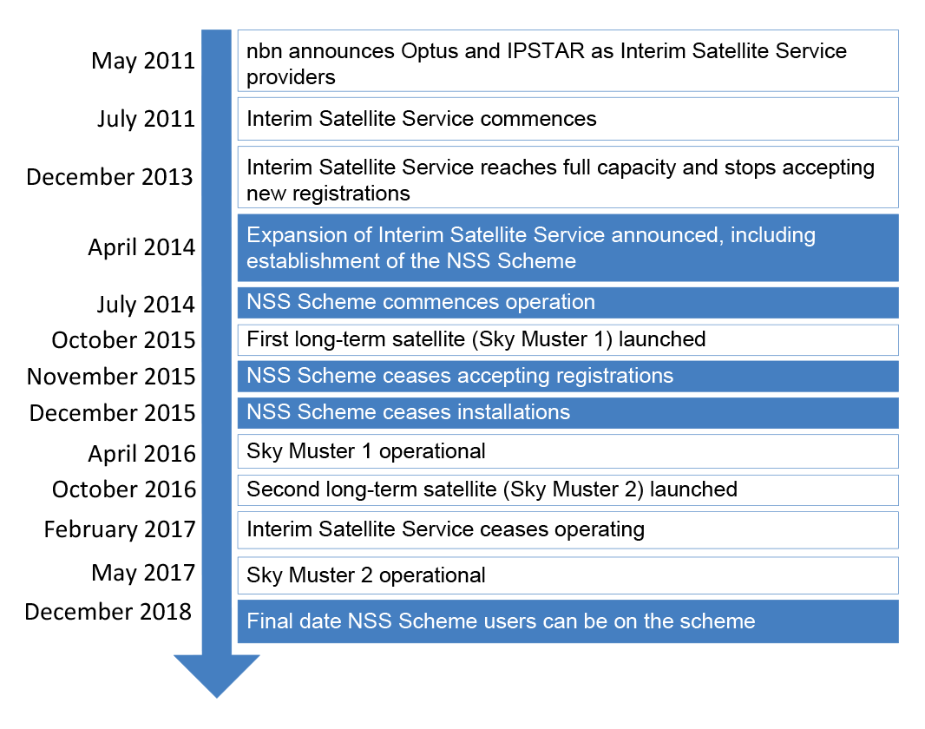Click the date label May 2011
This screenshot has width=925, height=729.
point(143,62)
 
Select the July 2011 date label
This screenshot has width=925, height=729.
point(146,119)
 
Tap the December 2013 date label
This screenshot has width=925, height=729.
point(109,177)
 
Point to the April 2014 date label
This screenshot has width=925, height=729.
point(141,247)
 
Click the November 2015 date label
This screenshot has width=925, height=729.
point(111,377)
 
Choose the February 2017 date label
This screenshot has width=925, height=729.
point(120,529)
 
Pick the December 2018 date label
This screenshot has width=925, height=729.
point(108,612)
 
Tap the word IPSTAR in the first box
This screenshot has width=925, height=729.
point(545,51)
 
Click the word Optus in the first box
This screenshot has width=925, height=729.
point(430,52)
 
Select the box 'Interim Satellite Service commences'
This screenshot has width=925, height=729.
point(568,119)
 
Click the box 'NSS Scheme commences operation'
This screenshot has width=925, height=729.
point(568,303)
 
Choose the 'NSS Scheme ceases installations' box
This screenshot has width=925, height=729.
point(568,413)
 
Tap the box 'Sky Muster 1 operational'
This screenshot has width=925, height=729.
point(568,451)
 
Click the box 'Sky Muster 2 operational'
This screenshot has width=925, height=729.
point(568,575)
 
